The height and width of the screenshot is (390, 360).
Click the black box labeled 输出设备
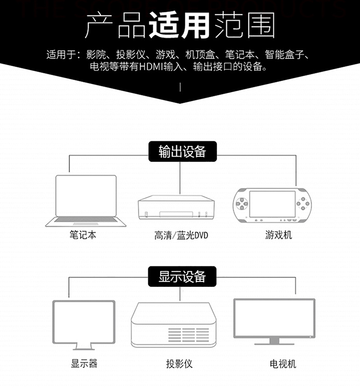click(182, 151)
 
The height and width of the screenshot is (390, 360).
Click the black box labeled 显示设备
click(182, 276)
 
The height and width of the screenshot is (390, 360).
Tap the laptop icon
click(86, 201)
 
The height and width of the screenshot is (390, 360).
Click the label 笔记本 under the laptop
click(86, 236)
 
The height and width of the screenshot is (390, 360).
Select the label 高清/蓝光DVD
click(181, 236)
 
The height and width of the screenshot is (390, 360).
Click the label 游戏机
click(278, 236)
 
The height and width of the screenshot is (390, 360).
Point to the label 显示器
click(84, 363)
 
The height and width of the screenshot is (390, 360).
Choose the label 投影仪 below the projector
click(179, 363)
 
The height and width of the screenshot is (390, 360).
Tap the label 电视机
click(283, 363)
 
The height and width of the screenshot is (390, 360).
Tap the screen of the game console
click(272, 203)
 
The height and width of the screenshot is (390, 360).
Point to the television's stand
click(274, 342)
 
